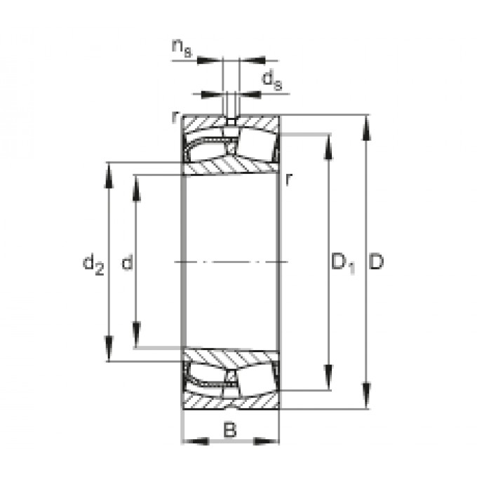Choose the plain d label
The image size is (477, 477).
[x=127, y=263]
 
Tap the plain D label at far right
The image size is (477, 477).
[x=377, y=263]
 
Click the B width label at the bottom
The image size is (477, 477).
[x=230, y=429]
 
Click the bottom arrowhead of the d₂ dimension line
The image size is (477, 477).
[x=109, y=351]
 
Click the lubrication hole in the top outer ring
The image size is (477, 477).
[x=231, y=121]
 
